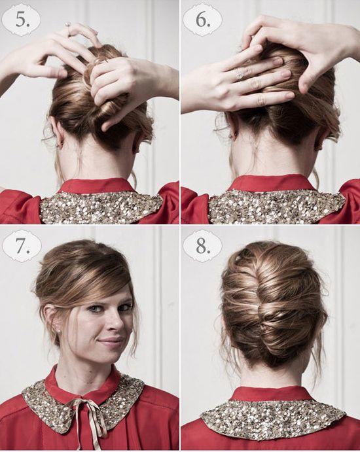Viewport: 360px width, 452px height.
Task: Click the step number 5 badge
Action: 21,20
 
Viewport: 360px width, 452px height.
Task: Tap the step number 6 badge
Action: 202,20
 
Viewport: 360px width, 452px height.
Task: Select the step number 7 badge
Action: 22,247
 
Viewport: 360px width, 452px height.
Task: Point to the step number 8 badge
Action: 202,246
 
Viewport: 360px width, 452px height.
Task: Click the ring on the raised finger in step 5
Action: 68,24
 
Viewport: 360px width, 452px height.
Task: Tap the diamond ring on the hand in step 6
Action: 240,75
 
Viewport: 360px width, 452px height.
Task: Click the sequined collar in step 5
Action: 101,207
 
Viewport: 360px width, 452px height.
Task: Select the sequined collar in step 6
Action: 276,205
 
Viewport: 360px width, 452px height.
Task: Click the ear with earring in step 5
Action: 57,131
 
